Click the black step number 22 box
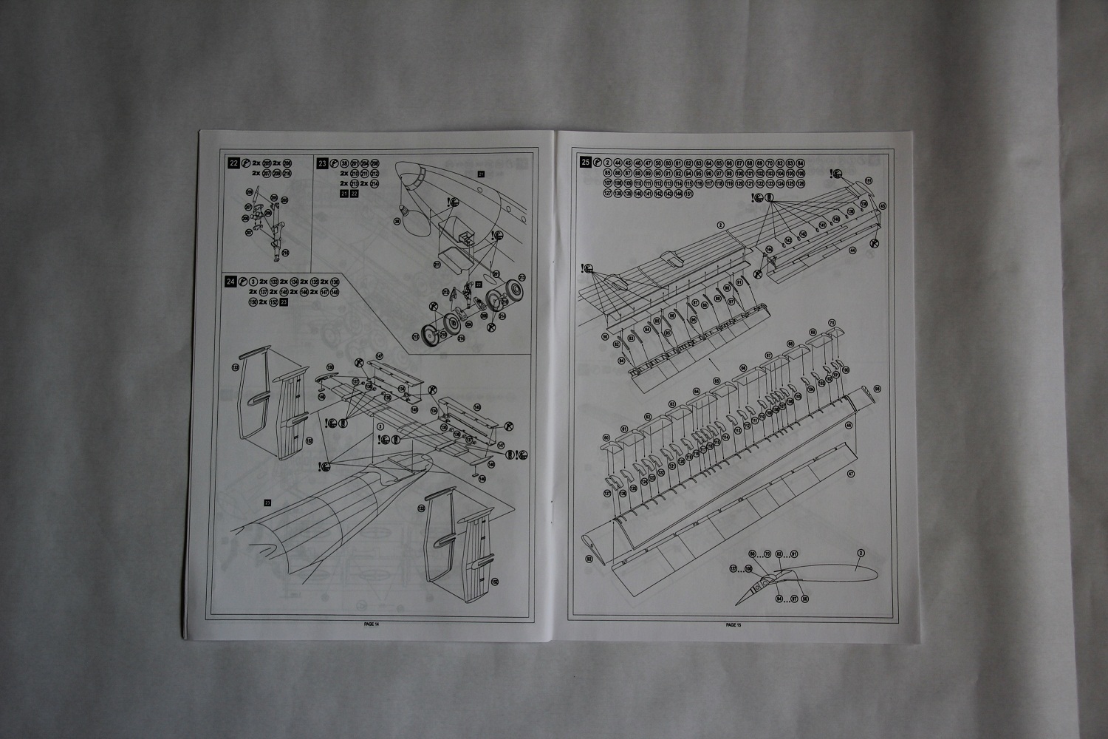234,163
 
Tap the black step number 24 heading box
233,282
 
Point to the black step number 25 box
586,163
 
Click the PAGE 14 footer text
372,624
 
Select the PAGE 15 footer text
733,624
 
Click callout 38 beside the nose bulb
397,220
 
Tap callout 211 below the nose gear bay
436,264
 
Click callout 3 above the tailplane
379,426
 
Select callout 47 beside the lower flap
850,474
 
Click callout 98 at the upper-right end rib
877,389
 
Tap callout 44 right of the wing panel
852,251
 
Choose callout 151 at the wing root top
869,180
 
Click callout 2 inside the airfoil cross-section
860,552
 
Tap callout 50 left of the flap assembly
605,337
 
